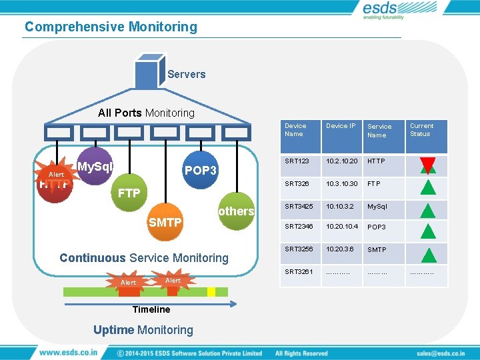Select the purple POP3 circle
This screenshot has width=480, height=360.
pyautogui.click(x=201, y=170)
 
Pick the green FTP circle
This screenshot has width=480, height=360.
pyautogui.click(x=129, y=193)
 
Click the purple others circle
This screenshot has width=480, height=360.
pyautogui.click(x=236, y=211)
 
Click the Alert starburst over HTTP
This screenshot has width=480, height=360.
pyautogui.click(x=57, y=175)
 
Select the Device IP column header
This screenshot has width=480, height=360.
pyautogui.click(x=341, y=126)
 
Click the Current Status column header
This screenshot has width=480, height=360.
pyautogui.click(x=421, y=129)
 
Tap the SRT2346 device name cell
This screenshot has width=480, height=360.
pyautogui.click(x=298, y=227)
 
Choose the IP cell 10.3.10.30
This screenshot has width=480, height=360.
pyautogui.click(x=342, y=183)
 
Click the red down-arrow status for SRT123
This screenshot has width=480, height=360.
pyautogui.click(x=427, y=163)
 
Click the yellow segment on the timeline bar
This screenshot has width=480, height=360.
pyautogui.click(x=211, y=291)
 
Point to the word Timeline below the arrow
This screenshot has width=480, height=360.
pyautogui.click(x=151, y=309)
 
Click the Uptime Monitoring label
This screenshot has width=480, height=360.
pyautogui.click(x=143, y=329)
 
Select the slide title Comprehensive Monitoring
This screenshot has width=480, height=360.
pyautogui.click(x=111, y=27)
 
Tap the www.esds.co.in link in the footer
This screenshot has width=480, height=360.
pyautogui.click(x=69, y=352)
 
